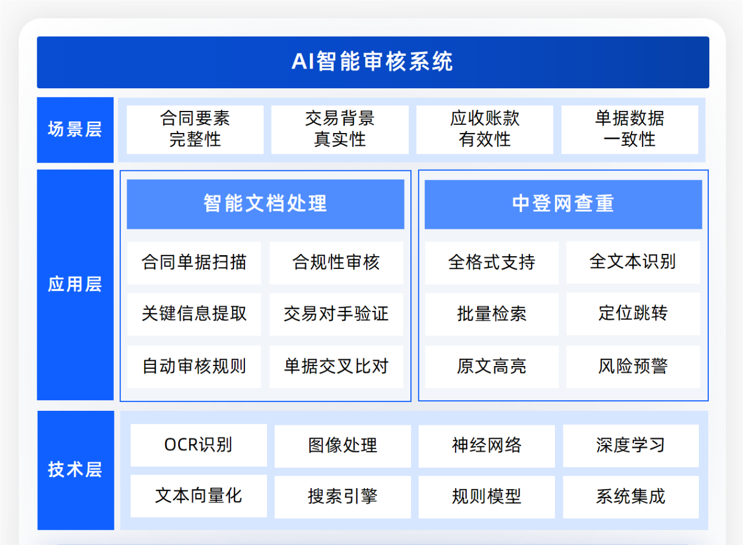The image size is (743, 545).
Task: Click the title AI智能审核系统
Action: (x=373, y=62)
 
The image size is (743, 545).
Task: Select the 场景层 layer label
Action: (x=75, y=130)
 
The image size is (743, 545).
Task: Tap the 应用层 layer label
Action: (x=75, y=285)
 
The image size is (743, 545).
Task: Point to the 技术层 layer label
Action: (x=75, y=470)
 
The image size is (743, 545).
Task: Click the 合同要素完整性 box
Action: (x=195, y=130)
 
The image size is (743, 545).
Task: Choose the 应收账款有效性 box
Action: (x=485, y=130)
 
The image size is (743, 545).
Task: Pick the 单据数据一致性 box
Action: (x=630, y=130)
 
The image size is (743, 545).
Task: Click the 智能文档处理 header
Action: (x=265, y=204)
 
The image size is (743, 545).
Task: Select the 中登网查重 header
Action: (x=563, y=204)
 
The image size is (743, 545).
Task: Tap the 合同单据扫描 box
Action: (x=194, y=263)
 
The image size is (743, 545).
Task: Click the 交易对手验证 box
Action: (x=336, y=314)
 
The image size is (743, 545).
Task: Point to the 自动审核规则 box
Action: (x=194, y=367)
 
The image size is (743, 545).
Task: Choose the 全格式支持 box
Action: (x=492, y=263)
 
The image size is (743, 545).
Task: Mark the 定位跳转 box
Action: (x=633, y=314)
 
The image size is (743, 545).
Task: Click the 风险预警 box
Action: (x=633, y=367)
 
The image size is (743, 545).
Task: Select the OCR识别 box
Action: (x=199, y=445)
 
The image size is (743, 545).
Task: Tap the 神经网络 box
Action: (x=486, y=446)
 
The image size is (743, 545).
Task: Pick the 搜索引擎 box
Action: (x=342, y=497)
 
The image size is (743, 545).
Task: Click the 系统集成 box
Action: (x=631, y=497)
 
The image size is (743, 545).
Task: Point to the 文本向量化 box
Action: (x=199, y=496)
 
